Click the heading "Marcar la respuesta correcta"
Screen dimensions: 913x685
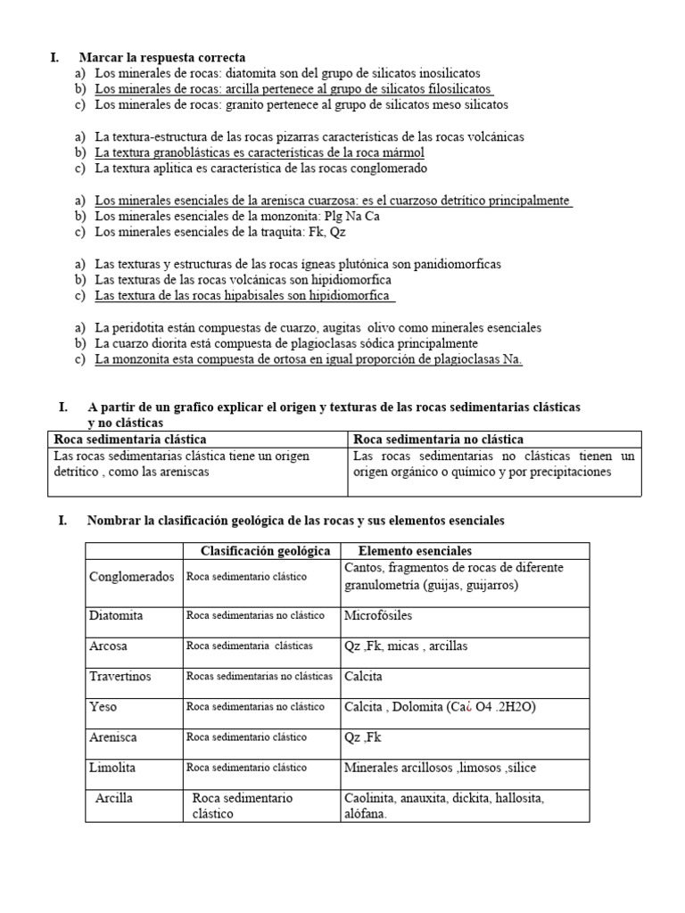[x=161, y=58]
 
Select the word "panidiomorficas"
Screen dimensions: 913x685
[x=450, y=264]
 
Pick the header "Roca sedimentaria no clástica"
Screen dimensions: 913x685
[x=438, y=440]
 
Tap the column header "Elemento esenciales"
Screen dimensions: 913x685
[x=415, y=551]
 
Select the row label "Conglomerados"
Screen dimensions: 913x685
[x=132, y=577]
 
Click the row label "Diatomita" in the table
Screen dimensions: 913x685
[x=116, y=615]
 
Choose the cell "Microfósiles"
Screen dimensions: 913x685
[x=378, y=615]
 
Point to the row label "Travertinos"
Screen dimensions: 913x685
[x=120, y=676]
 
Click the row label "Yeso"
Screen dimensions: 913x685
[x=103, y=707]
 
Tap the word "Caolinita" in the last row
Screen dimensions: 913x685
[x=372, y=798]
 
